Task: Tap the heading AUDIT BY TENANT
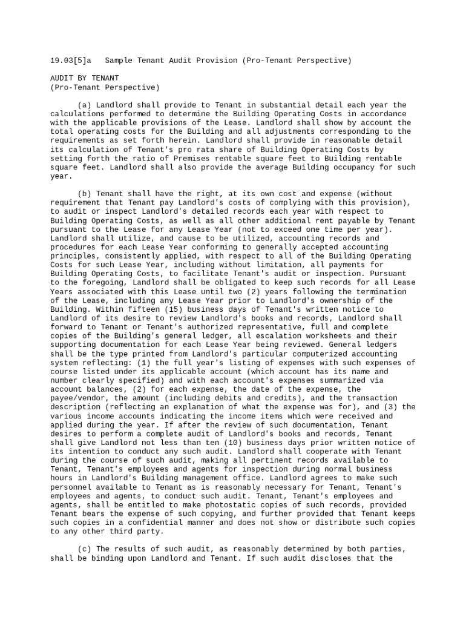click(x=84, y=78)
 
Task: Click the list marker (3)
click(x=390, y=407)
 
